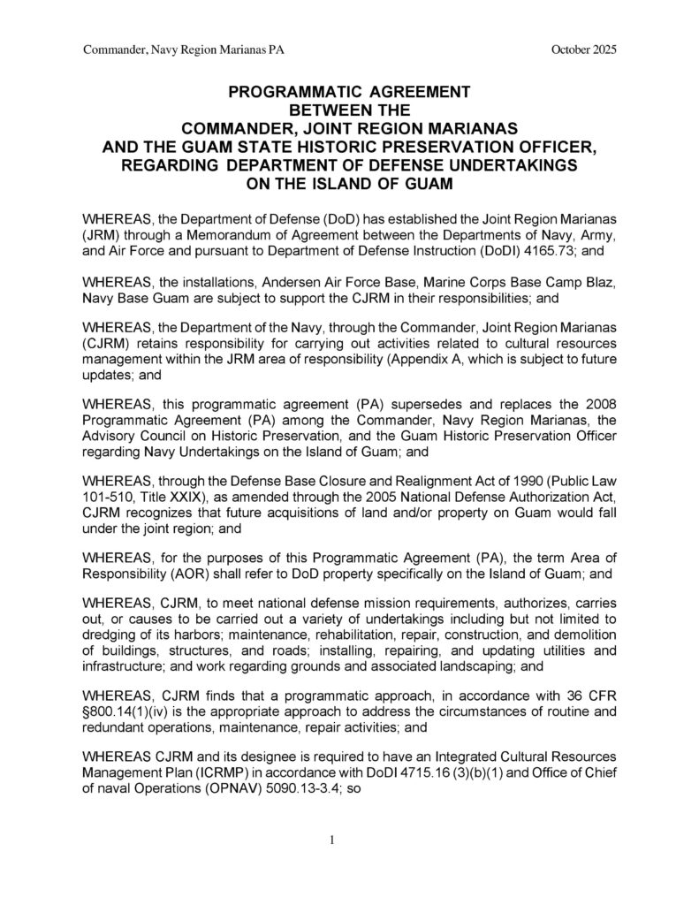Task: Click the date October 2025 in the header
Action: [x=583, y=49]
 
